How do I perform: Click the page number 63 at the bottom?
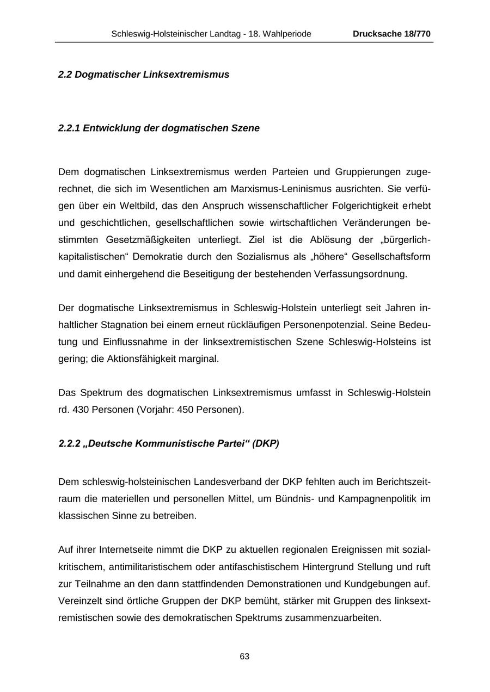244,657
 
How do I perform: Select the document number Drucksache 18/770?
391,34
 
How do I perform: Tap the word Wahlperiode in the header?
287,34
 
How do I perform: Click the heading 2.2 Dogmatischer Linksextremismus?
144,75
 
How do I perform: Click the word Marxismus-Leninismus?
279,189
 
